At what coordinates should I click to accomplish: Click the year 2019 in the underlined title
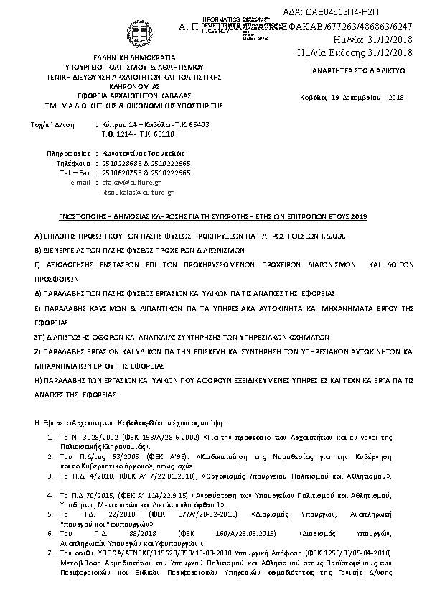click(x=358, y=216)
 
